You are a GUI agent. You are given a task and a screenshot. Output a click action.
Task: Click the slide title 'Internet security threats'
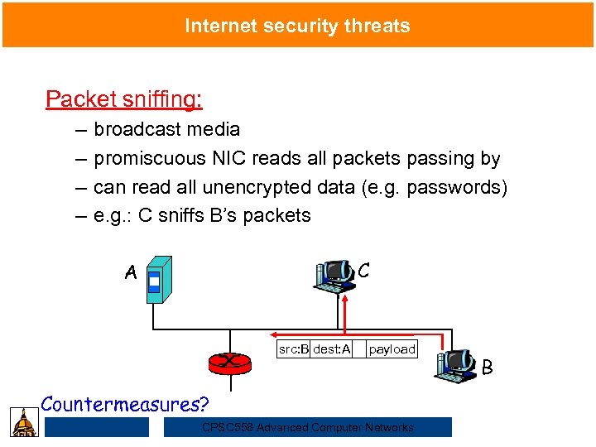pyautogui.click(x=297, y=26)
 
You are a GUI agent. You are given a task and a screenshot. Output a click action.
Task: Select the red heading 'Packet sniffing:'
pyautogui.click(x=124, y=99)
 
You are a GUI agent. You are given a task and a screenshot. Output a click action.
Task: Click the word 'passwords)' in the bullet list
pyautogui.click(x=461, y=187)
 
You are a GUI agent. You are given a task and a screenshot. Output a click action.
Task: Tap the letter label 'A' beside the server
pyautogui.click(x=131, y=272)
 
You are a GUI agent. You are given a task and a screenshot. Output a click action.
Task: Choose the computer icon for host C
pyautogui.click(x=335, y=278)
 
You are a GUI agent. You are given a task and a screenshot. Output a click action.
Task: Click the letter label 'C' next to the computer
pyautogui.click(x=363, y=270)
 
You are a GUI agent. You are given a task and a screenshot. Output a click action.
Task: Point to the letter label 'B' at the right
pyautogui.click(x=488, y=367)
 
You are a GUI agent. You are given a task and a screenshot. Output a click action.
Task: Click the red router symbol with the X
pyautogui.click(x=226, y=362)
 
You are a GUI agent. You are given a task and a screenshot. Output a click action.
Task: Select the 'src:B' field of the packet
pyautogui.click(x=293, y=349)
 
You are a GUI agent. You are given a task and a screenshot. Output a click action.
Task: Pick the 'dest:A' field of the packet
pyautogui.click(x=331, y=349)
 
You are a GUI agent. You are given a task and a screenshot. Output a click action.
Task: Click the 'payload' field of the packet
pyautogui.click(x=392, y=349)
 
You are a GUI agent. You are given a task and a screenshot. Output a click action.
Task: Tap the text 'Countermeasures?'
pyautogui.click(x=125, y=404)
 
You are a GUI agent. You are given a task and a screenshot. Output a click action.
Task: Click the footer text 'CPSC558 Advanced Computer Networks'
pyautogui.click(x=307, y=427)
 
